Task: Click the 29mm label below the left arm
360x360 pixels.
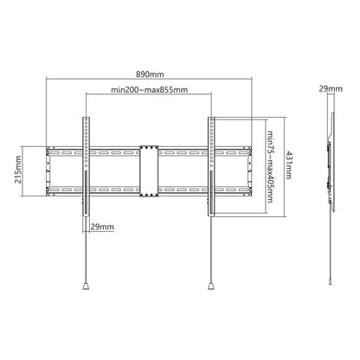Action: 102,226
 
